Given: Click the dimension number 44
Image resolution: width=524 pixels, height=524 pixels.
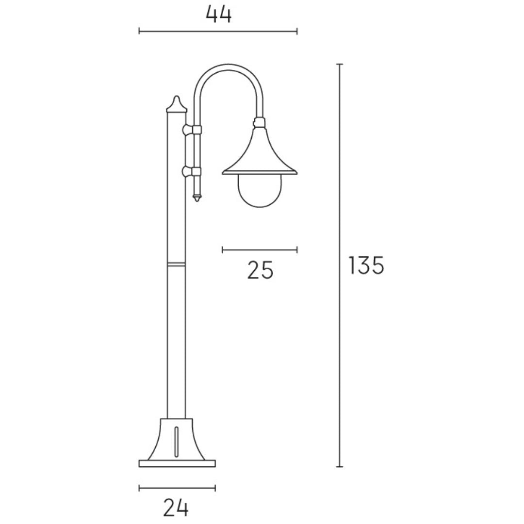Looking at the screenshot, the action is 218,15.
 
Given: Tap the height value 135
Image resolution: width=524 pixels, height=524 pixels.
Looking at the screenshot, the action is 366,265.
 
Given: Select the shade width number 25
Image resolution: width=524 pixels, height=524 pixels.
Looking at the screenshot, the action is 261,270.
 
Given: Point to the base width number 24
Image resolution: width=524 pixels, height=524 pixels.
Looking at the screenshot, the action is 176,508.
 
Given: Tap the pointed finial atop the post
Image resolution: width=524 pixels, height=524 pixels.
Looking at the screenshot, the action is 177,104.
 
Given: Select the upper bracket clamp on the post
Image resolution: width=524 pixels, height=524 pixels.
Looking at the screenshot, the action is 192,130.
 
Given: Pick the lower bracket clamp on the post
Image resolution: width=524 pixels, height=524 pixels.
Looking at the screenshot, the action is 192,172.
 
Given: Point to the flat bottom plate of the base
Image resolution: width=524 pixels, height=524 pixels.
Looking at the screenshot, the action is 177,463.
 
